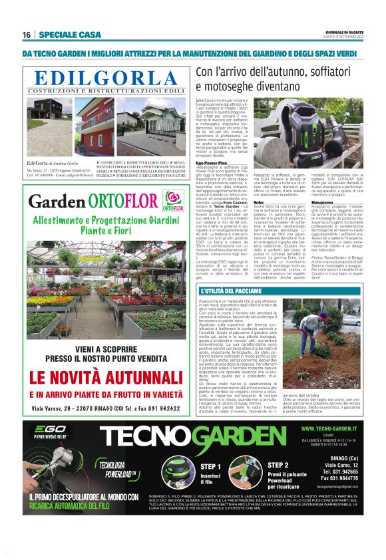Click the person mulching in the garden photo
click(x=307, y=332)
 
